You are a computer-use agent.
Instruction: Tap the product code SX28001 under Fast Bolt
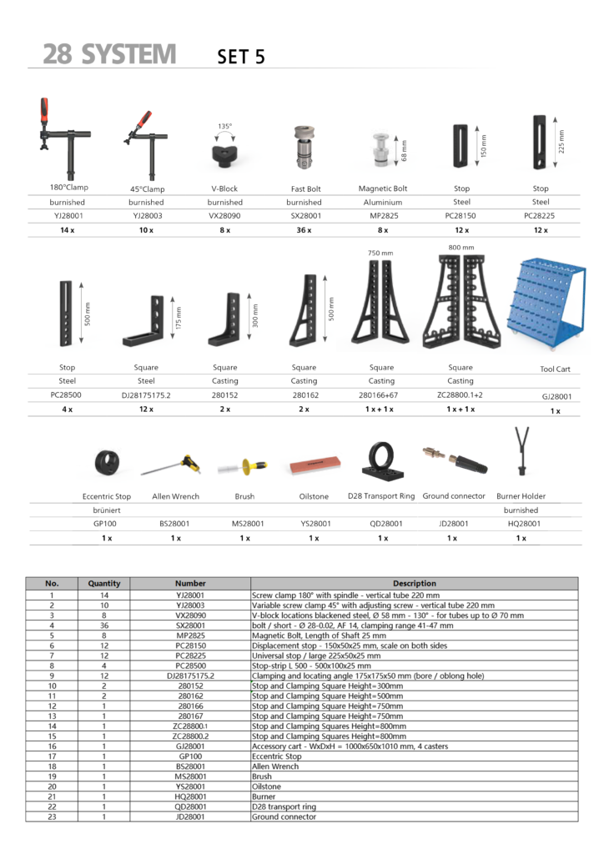click(x=304, y=215)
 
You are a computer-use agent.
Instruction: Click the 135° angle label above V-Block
click(x=224, y=127)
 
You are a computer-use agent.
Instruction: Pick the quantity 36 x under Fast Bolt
click(x=304, y=229)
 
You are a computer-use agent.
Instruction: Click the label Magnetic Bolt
click(x=382, y=188)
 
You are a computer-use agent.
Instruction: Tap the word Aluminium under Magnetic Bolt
click(x=382, y=202)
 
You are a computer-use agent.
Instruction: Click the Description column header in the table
click(x=414, y=584)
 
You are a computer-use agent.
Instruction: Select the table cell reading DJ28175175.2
click(x=190, y=676)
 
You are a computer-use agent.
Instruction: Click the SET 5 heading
click(x=241, y=57)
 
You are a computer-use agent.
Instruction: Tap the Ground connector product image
click(x=451, y=456)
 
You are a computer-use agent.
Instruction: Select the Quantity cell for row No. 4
click(x=104, y=625)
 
